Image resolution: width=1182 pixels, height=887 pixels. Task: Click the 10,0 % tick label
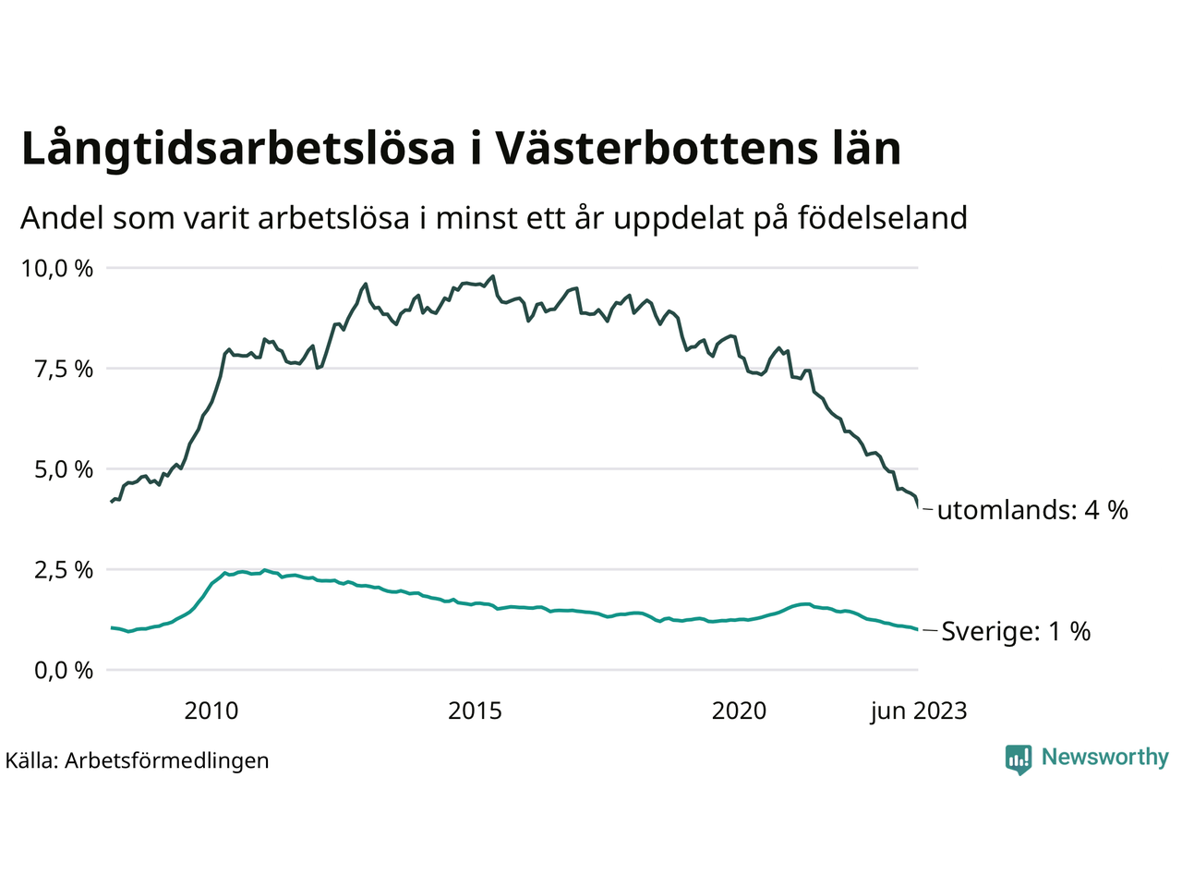[56, 269]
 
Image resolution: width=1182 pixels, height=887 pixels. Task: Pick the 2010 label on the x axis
[211, 711]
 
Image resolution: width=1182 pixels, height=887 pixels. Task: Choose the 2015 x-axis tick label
[475, 711]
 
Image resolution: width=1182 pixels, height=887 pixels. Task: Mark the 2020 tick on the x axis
[739, 711]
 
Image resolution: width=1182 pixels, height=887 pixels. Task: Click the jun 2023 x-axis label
[919, 711]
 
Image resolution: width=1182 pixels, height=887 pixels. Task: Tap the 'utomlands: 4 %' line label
[1032, 510]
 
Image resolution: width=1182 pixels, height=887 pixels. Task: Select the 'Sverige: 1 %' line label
[1016, 632]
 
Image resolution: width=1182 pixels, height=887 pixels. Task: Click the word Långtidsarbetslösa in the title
[238, 150]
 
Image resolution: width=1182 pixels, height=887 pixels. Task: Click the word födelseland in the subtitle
[882, 218]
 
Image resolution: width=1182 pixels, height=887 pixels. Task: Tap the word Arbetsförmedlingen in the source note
[167, 760]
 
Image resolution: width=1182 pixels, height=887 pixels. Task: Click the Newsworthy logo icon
[1019, 759]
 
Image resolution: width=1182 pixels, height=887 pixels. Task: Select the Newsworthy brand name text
[1104, 758]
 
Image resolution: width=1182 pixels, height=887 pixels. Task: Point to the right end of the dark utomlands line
[918, 506]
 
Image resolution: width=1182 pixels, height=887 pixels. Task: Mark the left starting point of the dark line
[112, 502]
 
